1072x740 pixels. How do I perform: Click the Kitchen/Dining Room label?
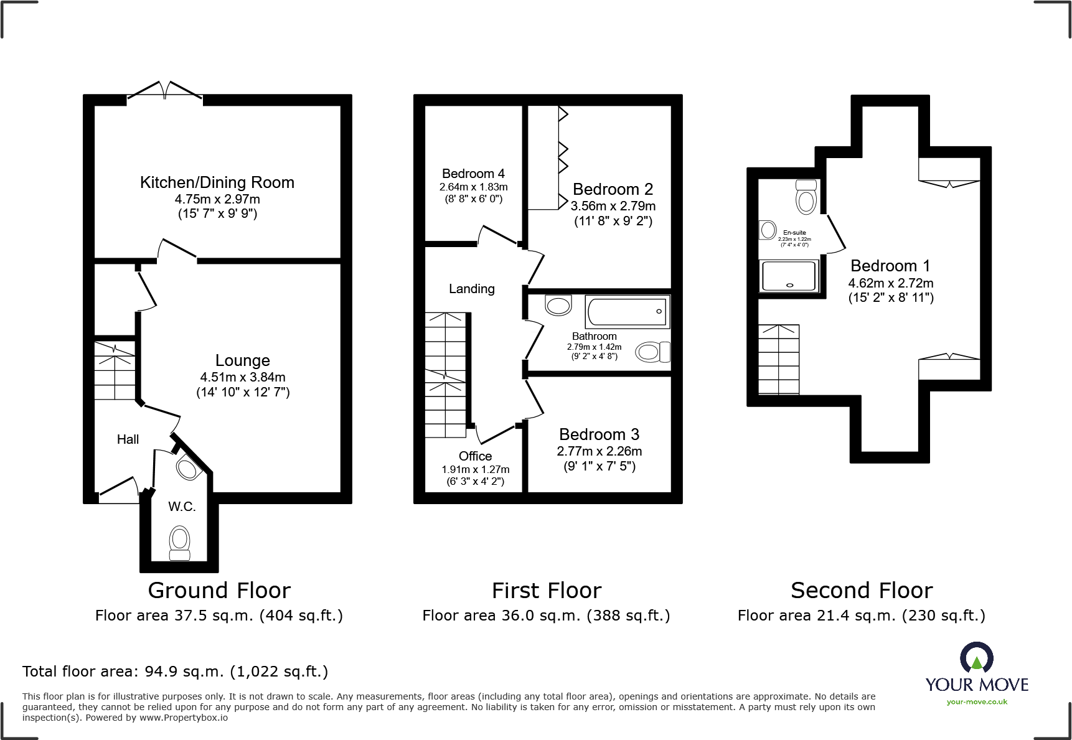coord(217,182)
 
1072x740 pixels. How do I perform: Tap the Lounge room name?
coord(243,360)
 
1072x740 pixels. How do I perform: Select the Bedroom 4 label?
coord(473,174)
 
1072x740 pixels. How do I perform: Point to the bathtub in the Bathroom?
coord(628,312)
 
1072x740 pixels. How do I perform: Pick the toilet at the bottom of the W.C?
coord(180,543)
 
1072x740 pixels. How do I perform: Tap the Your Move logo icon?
coord(976,657)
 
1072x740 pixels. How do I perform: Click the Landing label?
coord(472,289)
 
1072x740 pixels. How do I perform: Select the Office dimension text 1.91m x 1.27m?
coord(476,470)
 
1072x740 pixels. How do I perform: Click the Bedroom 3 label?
coord(599,434)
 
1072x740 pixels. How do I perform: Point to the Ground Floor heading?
coord(219,590)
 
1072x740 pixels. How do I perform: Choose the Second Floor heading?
coord(862,590)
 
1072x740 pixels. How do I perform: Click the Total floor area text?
coord(175,672)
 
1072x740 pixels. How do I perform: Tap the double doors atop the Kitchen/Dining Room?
coord(165,90)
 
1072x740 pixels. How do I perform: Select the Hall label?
coord(128,439)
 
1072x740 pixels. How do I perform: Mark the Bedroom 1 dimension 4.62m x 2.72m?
coord(891,283)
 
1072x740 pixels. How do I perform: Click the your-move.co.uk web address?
coord(977,702)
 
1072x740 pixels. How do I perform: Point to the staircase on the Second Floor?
coord(779,359)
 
